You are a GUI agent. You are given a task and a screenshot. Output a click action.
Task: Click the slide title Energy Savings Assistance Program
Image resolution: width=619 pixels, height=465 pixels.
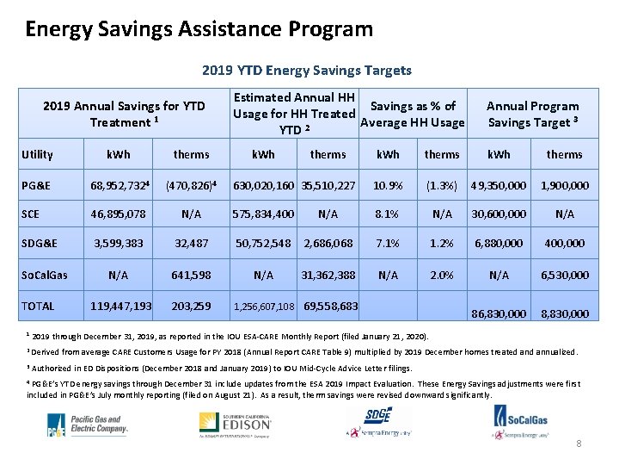click(199, 30)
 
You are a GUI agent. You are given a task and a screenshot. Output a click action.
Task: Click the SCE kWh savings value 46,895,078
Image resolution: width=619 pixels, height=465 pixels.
click(118, 214)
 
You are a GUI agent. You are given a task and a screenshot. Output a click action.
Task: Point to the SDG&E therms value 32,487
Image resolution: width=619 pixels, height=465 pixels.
click(191, 244)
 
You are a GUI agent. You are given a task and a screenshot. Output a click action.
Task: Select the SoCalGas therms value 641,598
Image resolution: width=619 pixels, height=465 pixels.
click(191, 275)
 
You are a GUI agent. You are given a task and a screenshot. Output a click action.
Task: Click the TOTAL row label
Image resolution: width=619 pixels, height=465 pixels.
click(38, 306)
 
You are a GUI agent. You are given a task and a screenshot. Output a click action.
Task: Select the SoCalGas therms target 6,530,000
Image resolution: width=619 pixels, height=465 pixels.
click(564, 275)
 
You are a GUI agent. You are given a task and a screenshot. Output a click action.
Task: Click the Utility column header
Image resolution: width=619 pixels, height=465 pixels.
click(37, 155)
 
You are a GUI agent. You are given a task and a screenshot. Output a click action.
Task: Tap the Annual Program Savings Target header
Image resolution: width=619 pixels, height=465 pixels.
click(532, 115)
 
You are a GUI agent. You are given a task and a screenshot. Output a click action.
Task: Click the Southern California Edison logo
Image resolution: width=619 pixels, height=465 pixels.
click(236, 425)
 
